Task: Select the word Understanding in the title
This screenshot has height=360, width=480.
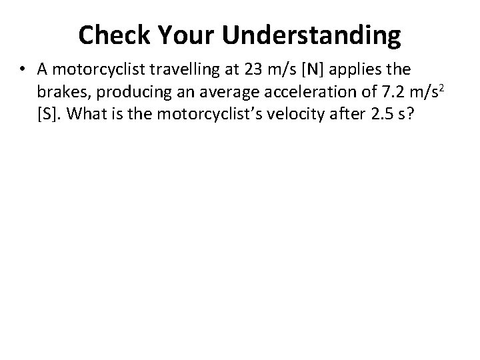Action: tap(313, 35)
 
